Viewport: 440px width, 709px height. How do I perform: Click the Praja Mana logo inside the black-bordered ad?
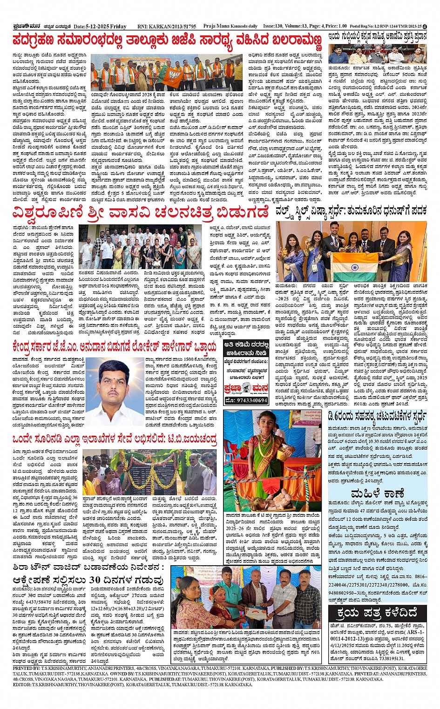tap(246, 388)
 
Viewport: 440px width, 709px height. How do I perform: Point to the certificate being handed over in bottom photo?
tap(256, 611)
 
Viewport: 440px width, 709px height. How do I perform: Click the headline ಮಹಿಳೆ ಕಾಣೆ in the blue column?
tap(378, 493)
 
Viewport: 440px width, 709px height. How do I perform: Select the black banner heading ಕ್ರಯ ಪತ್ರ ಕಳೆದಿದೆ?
tap(377, 613)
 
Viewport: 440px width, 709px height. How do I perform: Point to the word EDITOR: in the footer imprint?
tap(22, 684)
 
